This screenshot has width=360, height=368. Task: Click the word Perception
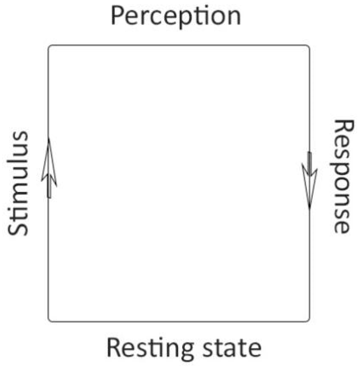click(176, 16)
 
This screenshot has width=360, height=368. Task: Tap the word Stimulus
click(18, 184)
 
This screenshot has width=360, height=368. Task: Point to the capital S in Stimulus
click(18, 227)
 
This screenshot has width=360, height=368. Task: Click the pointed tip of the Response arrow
click(309, 209)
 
